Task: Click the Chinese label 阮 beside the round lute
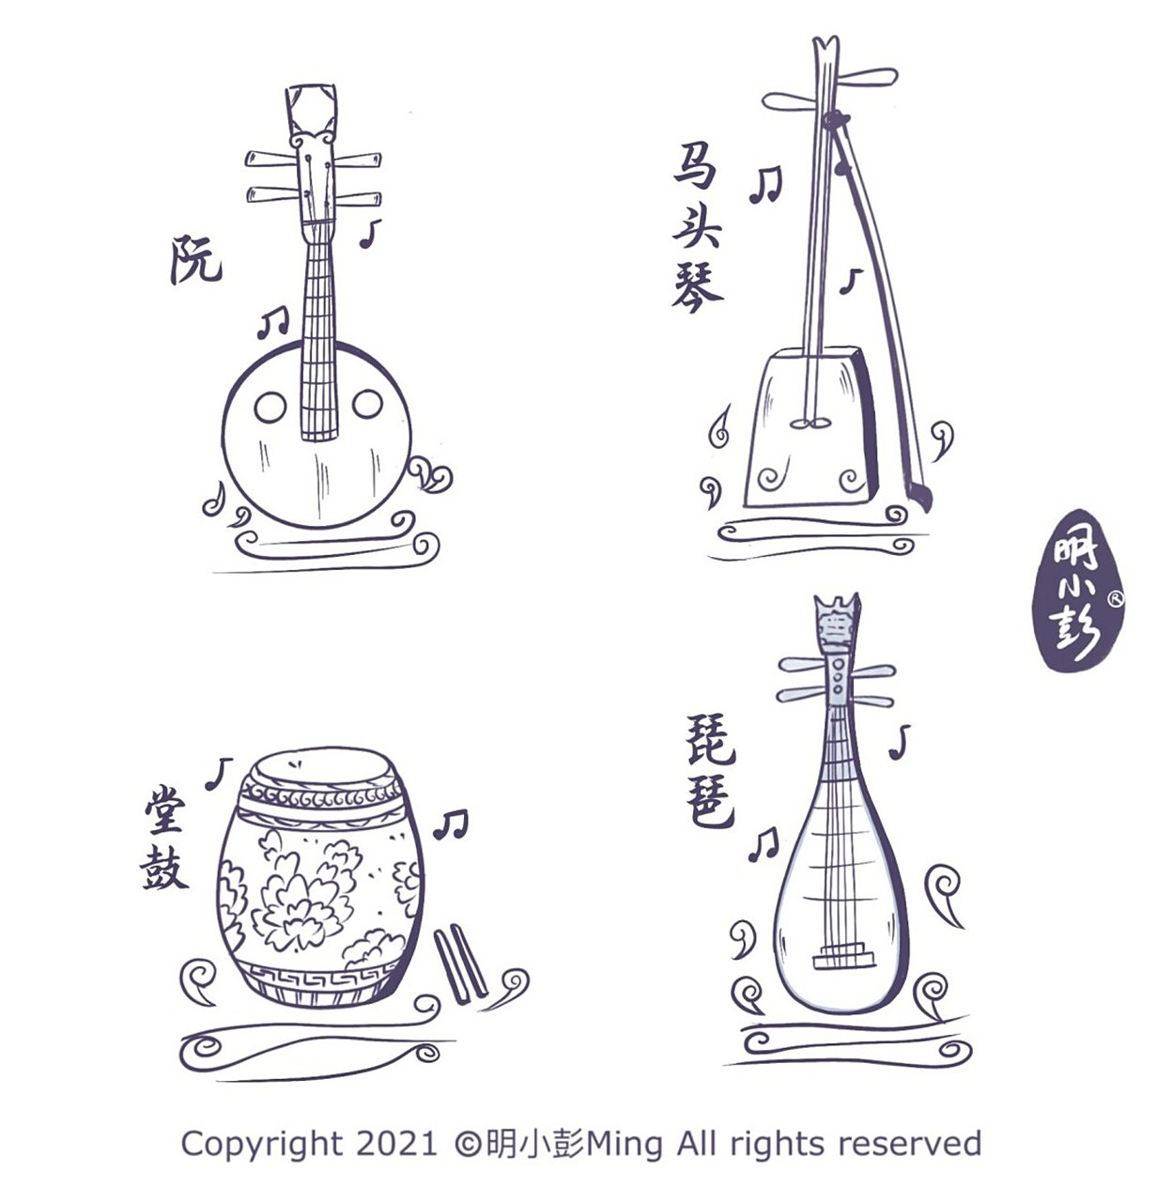(x=195, y=259)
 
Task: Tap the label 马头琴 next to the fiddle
(x=698, y=227)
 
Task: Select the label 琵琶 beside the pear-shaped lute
(x=710, y=771)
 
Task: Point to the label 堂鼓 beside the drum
(x=164, y=838)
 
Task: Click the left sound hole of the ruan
(x=270, y=407)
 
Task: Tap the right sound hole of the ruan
(x=367, y=404)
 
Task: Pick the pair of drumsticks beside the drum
(x=460, y=963)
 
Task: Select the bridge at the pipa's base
(x=843, y=956)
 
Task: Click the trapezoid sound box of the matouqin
(x=810, y=428)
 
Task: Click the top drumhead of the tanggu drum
(x=324, y=770)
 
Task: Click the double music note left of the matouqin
(x=764, y=185)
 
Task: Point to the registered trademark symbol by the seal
(x=1117, y=598)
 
